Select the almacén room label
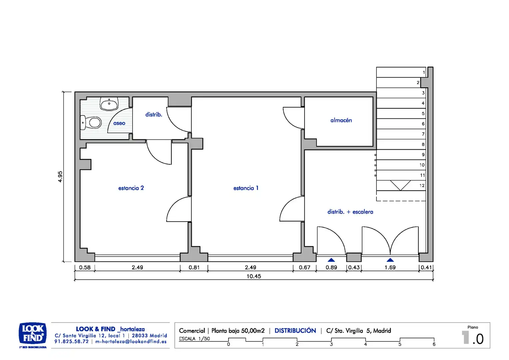pyautogui.click(x=341, y=120)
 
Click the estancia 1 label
pyautogui.click(x=246, y=188)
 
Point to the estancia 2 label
pyautogui.click(x=131, y=188)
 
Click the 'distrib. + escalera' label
pyautogui.click(x=350, y=212)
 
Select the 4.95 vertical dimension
pyautogui.click(x=60, y=176)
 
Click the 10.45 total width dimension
pyautogui.click(x=254, y=276)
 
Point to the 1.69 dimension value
pyautogui.click(x=390, y=267)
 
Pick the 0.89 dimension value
pyautogui.click(x=331, y=267)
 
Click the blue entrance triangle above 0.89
pyautogui.click(x=331, y=260)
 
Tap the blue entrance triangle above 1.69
pyautogui.click(x=390, y=260)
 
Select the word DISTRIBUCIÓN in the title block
pyautogui.click(x=295, y=331)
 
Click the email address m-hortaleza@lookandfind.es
pyautogui.click(x=131, y=342)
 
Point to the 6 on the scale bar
pyautogui.click(x=434, y=344)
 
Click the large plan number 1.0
pyautogui.click(x=473, y=338)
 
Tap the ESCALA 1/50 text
pyautogui.click(x=194, y=339)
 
